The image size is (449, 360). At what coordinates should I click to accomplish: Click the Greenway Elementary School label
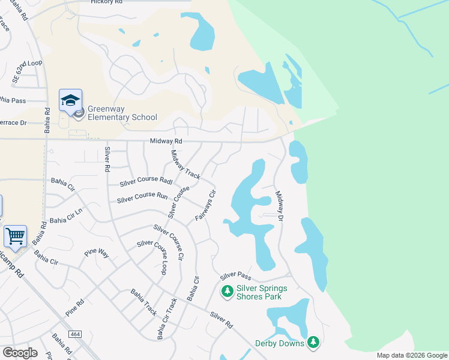122,113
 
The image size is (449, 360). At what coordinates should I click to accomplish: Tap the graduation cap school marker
70,100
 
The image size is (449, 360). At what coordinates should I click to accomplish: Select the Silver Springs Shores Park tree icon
227,292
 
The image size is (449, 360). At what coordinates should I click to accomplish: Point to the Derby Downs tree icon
313,343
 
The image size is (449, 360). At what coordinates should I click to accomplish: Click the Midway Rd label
166,141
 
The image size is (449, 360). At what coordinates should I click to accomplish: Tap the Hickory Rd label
106,2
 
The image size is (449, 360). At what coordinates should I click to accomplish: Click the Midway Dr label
279,206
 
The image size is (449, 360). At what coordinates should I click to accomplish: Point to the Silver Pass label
235,276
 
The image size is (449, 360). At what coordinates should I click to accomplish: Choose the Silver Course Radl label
146,180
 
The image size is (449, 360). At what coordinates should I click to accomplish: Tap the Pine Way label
96,253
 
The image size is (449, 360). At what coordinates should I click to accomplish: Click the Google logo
20,353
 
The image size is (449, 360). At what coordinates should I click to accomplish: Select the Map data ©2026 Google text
411,355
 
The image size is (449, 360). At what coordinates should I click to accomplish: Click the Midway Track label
185,164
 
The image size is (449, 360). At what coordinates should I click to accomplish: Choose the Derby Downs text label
280,343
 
